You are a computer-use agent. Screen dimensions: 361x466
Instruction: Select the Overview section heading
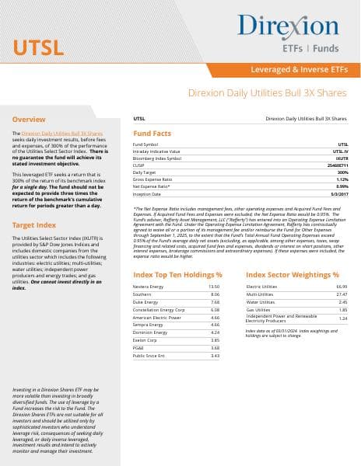click(29, 120)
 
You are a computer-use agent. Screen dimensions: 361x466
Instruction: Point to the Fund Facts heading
click(152, 134)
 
